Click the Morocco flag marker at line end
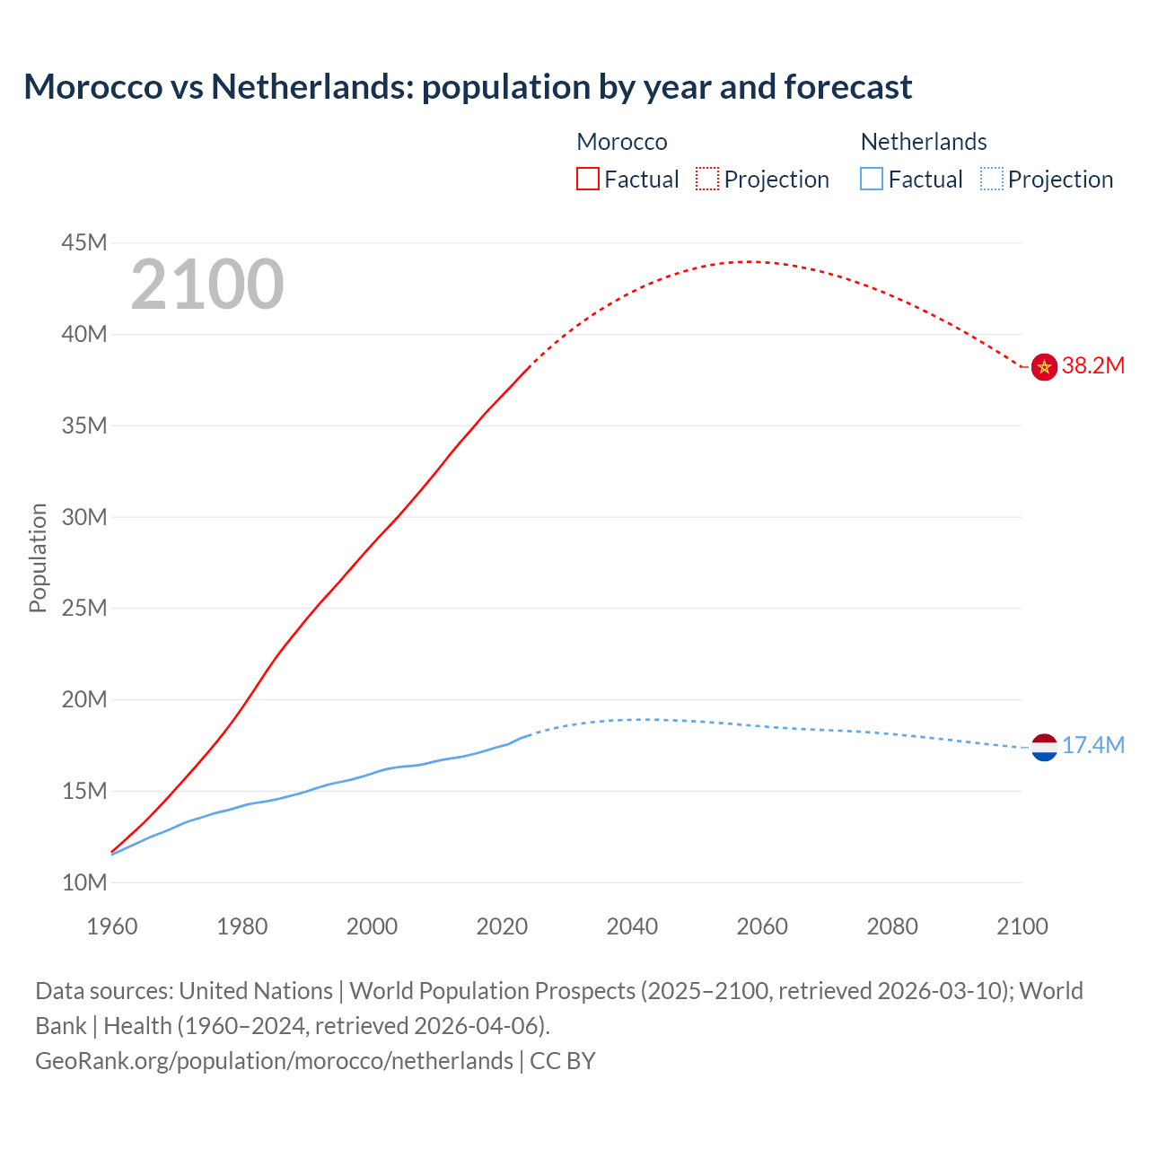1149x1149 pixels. tap(1044, 366)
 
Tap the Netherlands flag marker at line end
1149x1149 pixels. tap(1044, 747)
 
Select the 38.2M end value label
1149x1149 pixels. tap(1092, 366)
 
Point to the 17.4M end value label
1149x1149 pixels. tap(1092, 746)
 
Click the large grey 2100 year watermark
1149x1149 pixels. tap(207, 285)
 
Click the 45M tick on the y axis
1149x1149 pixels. tap(84, 243)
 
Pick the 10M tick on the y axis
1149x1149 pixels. tap(84, 882)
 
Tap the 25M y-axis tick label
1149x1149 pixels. tap(84, 609)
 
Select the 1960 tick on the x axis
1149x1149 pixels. tap(112, 926)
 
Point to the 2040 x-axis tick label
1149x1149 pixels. tap(632, 926)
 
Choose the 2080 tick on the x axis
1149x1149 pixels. tap(892, 926)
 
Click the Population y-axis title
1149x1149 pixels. tap(38, 557)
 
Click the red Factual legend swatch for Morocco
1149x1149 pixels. tap(588, 179)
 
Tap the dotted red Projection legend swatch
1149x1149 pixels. tap(707, 179)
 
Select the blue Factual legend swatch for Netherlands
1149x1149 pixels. tap(872, 179)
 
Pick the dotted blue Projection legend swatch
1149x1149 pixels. tap(992, 179)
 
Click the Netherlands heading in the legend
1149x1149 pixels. tap(924, 142)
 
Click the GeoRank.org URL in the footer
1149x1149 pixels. tap(274, 1061)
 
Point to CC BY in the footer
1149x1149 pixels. tap(563, 1061)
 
